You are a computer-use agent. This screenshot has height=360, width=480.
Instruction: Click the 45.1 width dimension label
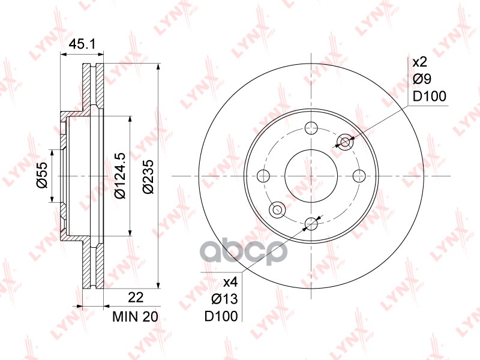pyautogui.click(x=82, y=44)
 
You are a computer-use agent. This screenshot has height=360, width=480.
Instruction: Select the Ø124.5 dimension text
pyautogui.click(x=119, y=175)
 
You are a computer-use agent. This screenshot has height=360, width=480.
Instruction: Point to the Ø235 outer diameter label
pyautogui.click(x=148, y=176)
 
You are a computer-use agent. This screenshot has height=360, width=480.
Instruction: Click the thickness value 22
pyautogui.click(x=136, y=297)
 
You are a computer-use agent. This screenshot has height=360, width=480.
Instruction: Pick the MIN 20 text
pyautogui.click(x=136, y=317)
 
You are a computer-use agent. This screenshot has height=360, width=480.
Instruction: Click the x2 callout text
pyautogui.click(x=419, y=62)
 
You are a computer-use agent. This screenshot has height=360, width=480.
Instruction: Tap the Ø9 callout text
pyautogui.click(x=422, y=79)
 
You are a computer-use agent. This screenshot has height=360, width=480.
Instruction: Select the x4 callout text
pyautogui.click(x=230, y=282)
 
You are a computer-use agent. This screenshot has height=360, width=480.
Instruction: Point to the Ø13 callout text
pyautogui.click(x=224, y=299)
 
